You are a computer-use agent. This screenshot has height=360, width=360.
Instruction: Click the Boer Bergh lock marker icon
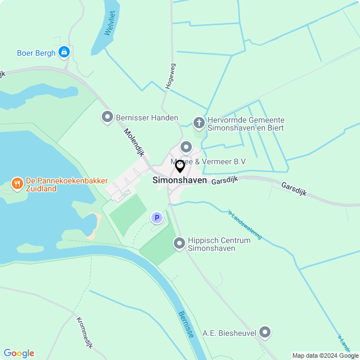[64, 53]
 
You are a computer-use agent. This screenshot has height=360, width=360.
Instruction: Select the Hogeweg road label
[170, 76]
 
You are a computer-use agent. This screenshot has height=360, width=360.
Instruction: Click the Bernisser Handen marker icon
[107, 118]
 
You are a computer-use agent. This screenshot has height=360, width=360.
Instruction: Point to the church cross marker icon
[199, 123]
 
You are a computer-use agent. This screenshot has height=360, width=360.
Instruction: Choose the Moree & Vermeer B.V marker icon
[186, 147]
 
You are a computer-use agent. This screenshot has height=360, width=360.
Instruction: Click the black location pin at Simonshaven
[180, 166]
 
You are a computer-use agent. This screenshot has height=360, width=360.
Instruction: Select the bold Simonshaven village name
[179, 181]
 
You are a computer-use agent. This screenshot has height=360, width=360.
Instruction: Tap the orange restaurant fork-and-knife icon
[17, 183]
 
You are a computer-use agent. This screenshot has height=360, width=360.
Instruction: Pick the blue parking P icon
[157, 217]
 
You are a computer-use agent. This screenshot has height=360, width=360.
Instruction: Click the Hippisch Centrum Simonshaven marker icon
[179, 243]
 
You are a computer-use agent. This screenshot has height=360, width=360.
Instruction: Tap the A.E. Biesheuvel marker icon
[265, 333]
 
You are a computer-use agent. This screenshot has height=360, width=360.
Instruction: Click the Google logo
[19, 353]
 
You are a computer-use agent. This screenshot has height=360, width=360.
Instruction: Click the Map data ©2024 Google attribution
[326, 355]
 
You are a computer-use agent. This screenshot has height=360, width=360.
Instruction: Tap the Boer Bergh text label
[36, 53]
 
